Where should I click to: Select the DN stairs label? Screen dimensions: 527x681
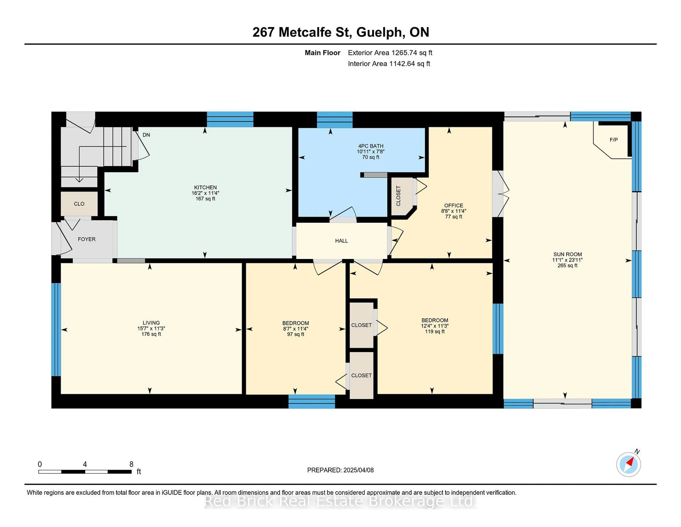coord(146,135)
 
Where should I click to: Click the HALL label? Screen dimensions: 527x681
coord(341,241)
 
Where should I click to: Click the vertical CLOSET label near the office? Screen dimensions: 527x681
coord(398,196)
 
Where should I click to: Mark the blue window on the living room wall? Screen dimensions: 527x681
coord(56,329)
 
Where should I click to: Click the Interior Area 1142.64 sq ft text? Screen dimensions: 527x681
coord(389,64)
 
